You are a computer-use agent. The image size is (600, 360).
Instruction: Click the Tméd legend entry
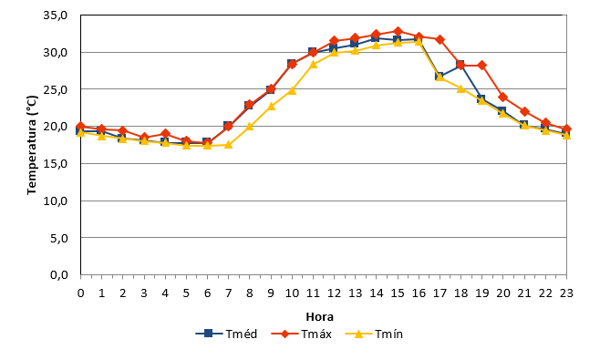point(226,334)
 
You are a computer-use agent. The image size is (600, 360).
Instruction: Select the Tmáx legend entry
point(301,334)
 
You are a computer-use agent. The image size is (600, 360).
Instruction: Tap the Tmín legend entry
point(374,334)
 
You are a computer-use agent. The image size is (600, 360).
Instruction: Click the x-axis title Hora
point(319,317)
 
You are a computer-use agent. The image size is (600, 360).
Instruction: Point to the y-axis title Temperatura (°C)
point(32,145)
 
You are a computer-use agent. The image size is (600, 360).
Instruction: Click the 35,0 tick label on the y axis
point(56,15)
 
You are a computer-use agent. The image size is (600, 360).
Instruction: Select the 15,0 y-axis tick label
point(56,164)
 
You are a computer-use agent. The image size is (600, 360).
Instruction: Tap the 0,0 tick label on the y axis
point(59,274)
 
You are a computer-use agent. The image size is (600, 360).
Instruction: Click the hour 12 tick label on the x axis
point(334,293)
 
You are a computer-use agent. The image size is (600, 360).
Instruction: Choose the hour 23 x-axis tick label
point(566,293)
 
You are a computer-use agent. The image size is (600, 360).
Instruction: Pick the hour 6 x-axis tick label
point(207,293)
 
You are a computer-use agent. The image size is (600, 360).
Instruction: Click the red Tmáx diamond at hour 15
point(398,31)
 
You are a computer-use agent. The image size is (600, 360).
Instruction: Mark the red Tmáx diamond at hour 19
point(482,65)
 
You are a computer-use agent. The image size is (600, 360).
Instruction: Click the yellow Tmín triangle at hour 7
point(229,144)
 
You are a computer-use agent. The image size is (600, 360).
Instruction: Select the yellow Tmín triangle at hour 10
point(292,90)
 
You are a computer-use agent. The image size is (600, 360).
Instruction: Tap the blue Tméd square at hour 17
point(440,77)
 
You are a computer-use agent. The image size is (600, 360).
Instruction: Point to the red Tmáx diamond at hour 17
point(440,39)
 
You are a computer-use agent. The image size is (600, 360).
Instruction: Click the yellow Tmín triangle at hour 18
point(461,88)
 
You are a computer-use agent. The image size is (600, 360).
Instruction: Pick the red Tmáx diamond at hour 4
point(165,133)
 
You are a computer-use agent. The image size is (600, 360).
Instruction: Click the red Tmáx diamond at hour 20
point(503,97)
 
